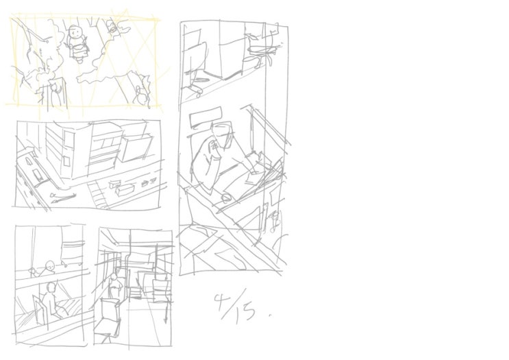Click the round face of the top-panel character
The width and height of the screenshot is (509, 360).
(x=75, y=32)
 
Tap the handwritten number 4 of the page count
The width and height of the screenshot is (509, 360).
(x=221, y=302)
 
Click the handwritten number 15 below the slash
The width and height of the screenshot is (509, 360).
(x=246, y=313)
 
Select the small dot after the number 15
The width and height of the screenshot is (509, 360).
(x=270, y=315)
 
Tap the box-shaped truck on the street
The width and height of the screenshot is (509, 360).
(x=124, y=188)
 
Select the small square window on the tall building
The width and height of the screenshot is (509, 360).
(x=66, y=161)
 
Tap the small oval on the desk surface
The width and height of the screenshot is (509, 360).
(x=226, y=198)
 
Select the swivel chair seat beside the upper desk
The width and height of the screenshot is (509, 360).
(x=262, y=50)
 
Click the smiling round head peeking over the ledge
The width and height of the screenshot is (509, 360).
(x=49, y=266)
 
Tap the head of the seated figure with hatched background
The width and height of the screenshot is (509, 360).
(x=51, y=288)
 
